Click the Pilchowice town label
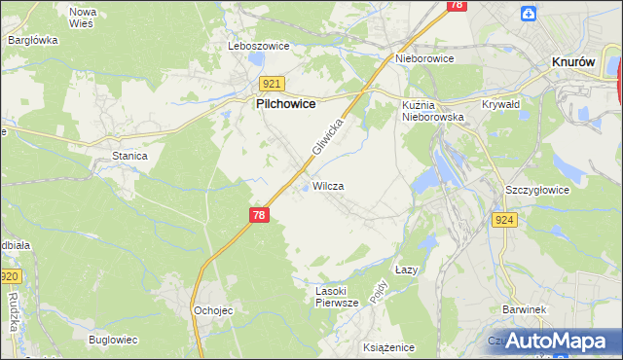tap(284, 102)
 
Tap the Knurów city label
tap(572, 60)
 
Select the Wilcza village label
tap(328, 185)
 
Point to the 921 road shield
tap(272, 84)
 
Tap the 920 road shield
tap(11, 276)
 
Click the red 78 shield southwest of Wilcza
tap(258, 215)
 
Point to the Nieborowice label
tap(425, 57)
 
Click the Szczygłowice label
tap(536, 190)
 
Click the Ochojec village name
tap(213, 309)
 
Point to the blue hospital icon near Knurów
tap(529, 13)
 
